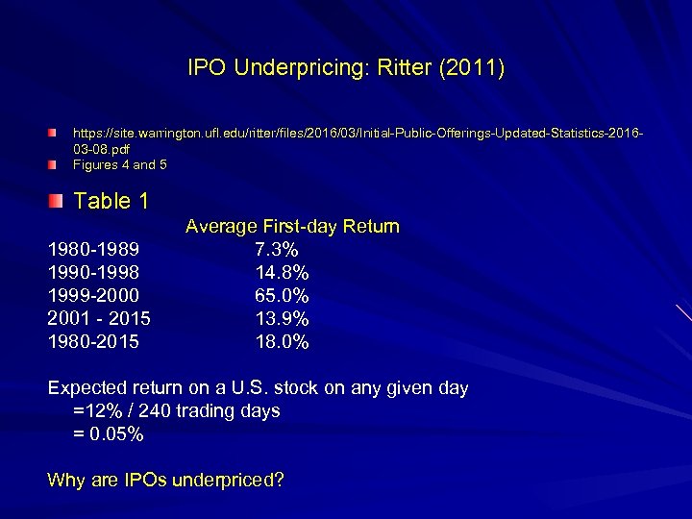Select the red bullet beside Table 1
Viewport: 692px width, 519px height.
pyautogui.click(x=58, y=200)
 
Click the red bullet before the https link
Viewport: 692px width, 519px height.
pyautogui.click(x=57, y=129)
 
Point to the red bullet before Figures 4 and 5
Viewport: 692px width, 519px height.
pyautogui.click(x=57, y=164)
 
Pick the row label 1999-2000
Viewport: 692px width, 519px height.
pyautogui.click(x=94, y=295)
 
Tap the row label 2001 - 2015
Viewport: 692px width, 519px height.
pyautogui.click(x=99, y=318)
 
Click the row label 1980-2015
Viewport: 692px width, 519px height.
pyautogui.click(x=94, y=341)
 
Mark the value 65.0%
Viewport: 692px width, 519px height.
pyautogui.click(x=282, y=295)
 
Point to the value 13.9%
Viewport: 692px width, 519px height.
pyautogui.click(x=282, y=318)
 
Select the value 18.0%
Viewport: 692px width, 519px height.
pyautogui.click(x=282, y=341)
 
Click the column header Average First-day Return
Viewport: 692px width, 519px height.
pyautogui.click(x=292, y=227)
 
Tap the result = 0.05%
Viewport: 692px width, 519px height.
pyautogui.click(x=110, y=434)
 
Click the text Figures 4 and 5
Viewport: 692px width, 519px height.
pyautogui.click(x=119, y=164)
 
